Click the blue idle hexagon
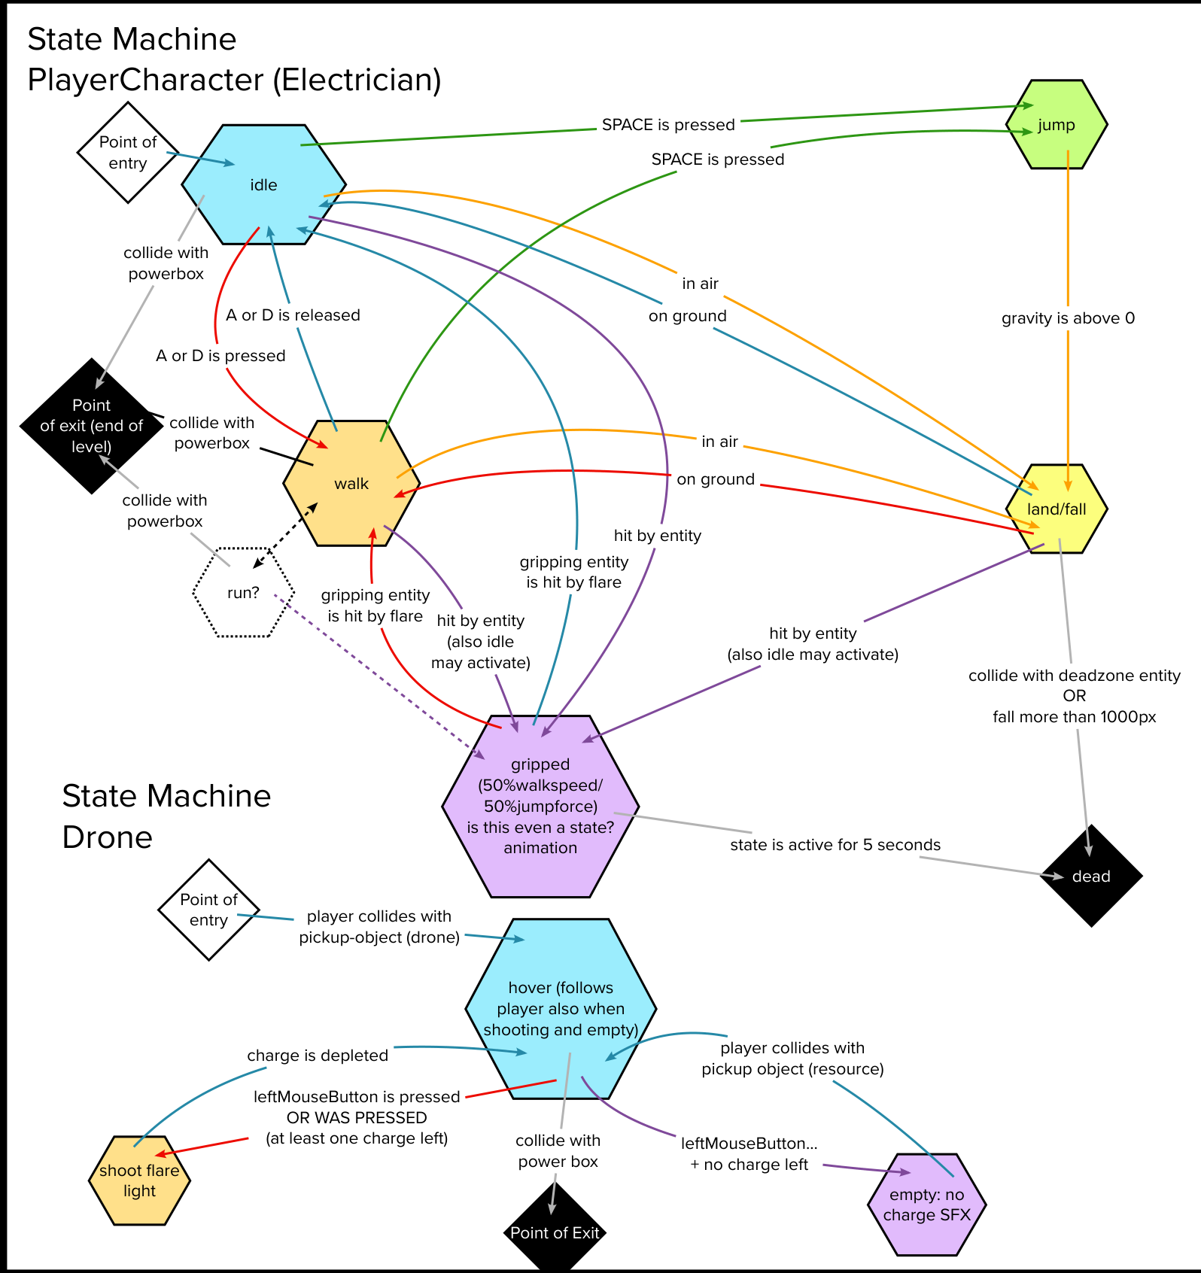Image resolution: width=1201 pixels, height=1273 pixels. pos(263,185)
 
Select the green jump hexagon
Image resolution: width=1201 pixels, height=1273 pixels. pos(1057,125)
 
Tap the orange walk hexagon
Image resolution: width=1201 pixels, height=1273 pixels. pos(351,484)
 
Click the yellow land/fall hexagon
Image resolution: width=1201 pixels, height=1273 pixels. pos(1057,509)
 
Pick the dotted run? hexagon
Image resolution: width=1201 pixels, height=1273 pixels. pos(243,593)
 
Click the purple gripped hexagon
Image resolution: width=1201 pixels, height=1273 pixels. pos(540,807)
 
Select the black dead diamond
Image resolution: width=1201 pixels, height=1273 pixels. pos(1091,877)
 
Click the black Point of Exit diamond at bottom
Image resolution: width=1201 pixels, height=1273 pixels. pos(555,1232)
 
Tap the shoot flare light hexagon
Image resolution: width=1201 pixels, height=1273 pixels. pos(139,1180)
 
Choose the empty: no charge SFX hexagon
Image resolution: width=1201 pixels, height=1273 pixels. pos(926,1205)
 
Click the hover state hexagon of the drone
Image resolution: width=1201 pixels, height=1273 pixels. pos(561,1008)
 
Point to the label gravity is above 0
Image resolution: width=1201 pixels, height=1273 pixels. pos(1068,318)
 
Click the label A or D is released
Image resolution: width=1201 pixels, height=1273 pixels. pos(293,315)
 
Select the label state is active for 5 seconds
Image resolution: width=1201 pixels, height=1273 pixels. pos(835,845)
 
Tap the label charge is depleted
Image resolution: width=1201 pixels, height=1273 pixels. pos(318,1056)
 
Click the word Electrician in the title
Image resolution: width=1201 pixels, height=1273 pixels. pos(356,80)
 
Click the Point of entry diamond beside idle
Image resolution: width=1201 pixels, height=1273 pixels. pos(128,153)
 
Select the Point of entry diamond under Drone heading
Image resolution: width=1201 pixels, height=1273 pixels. pos(208,910)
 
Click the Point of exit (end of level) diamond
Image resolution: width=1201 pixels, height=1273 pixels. pos(91,426)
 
